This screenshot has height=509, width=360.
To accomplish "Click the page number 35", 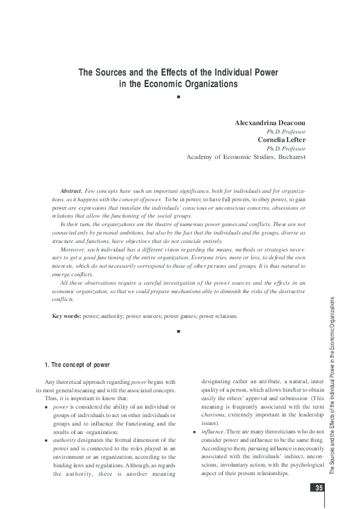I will (x=318, y=488).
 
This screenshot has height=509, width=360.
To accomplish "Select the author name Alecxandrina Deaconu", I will (x=270, y=123).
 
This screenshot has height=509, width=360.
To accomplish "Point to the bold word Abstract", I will (x=71, y=190).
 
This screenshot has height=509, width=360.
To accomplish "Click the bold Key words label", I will (x=67, y=316).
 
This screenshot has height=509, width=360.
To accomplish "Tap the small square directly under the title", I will (x=179, y=97).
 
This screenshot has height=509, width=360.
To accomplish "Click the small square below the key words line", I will (x=179, y=332).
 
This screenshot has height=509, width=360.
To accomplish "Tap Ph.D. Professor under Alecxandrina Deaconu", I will (x=286, y=131).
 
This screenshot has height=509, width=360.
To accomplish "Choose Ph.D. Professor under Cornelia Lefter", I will (x=286, y=147).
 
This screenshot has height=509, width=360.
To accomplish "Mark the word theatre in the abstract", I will (x=149, y=224).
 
